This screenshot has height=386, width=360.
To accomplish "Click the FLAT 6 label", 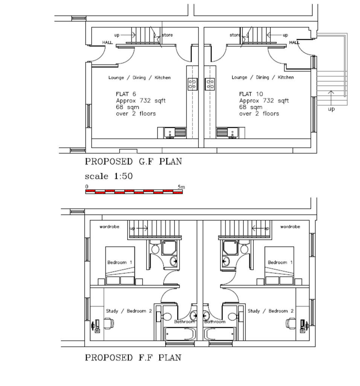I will (126, 94).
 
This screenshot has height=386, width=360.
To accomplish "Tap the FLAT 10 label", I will (251, 94).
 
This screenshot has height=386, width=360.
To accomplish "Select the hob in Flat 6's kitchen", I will (192, 84).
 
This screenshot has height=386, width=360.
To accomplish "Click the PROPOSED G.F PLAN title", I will (133, 162).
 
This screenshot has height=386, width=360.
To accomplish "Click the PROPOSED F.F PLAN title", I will (133, 357).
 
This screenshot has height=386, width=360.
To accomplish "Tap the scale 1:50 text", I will (108, 176).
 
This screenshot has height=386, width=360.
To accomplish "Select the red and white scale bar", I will (134, 192).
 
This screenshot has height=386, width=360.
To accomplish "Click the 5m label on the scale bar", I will (181, 187).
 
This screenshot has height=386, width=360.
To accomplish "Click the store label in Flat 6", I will (167, 35).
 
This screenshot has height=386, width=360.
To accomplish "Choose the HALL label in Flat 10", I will (294, 42).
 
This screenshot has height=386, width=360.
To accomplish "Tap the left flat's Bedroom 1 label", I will (120, 262).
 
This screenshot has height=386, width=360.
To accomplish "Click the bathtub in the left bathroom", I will (180, 334).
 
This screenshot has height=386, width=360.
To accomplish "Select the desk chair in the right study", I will (291, 323).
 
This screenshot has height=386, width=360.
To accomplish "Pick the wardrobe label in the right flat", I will (290, 227).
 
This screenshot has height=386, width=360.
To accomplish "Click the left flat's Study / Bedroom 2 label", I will (129, 311).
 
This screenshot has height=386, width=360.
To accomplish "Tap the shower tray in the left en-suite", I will (169, 248).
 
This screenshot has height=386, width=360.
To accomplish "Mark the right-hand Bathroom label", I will (215, 322).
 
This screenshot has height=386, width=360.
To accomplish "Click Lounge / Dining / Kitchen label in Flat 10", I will (262, 77).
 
